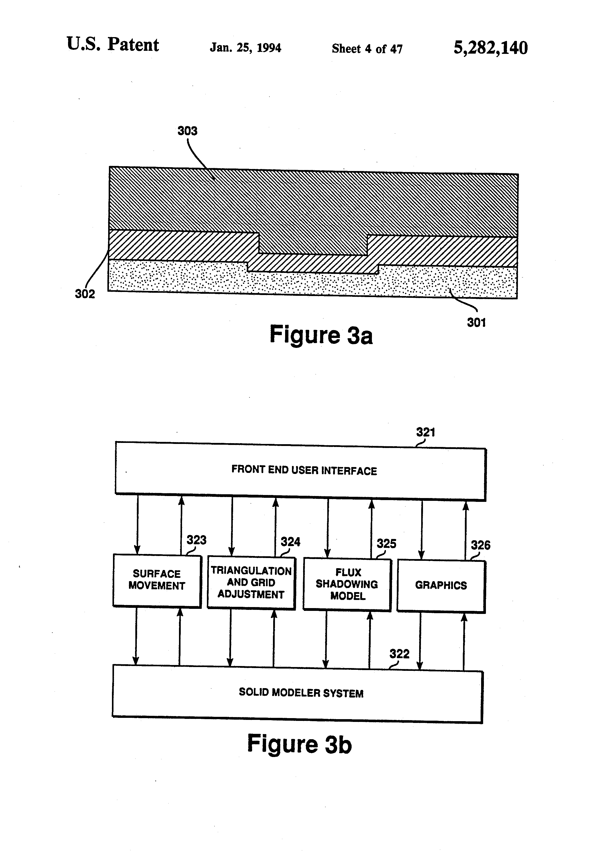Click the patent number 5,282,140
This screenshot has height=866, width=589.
[490, 48]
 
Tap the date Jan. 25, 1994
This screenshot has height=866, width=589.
[245, 48]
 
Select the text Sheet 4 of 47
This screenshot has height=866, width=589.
[367, 49]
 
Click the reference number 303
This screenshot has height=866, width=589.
[187, 131]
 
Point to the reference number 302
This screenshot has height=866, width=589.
[85, 294]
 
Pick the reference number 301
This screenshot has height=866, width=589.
[476, 322]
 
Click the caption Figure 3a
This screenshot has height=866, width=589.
[321, 335]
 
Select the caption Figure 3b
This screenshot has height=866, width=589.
[299, 744]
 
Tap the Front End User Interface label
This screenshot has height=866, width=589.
[304, 470]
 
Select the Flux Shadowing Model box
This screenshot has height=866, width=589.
[347, 584]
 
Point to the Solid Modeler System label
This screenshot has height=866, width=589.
[301, 692]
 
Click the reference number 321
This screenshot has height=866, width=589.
[426, 432]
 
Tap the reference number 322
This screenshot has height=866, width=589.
[399, 654]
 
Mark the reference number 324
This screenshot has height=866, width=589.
[290, 542]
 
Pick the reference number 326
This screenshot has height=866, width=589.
[481, 545]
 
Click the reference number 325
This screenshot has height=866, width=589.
[386, 543]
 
